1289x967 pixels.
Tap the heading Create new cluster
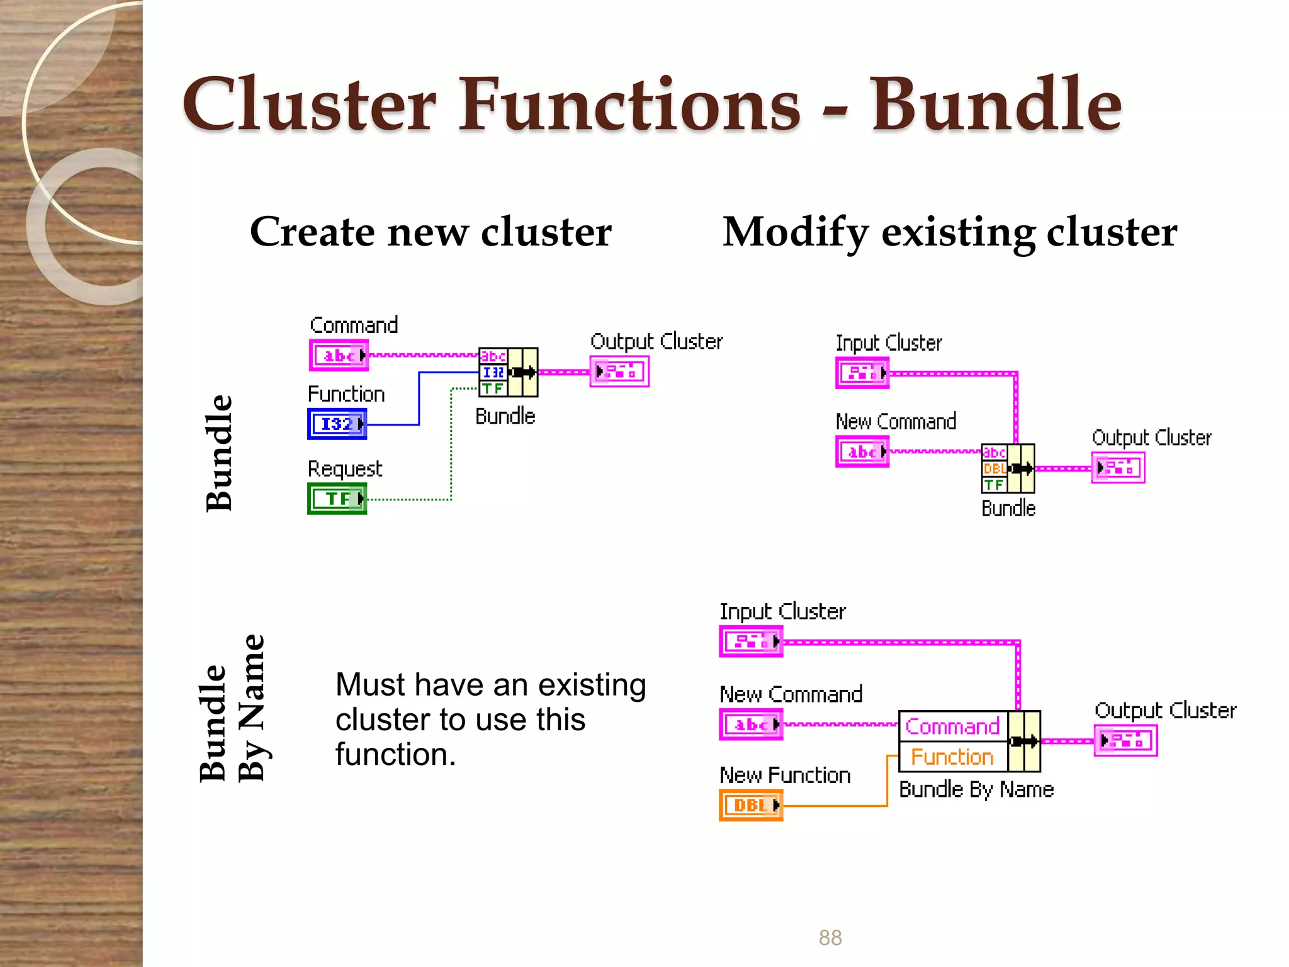(431, 232)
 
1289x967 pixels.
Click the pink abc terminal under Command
(339, 356)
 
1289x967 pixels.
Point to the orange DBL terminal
(751, 805)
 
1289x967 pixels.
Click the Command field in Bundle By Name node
(952, 727)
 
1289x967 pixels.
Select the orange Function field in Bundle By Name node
(952, 757)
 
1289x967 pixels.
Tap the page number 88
(830, 937)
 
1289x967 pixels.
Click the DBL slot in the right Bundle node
(994, 468)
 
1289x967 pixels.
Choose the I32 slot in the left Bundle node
(493, 372)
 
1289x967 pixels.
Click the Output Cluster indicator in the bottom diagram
(1125, 740)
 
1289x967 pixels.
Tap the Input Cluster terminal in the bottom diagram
(751, 642)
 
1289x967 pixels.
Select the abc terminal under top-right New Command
(862, 451)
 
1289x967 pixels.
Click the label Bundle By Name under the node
(976, 789)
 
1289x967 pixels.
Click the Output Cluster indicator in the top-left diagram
(619, 371)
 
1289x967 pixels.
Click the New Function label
(785, 775)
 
